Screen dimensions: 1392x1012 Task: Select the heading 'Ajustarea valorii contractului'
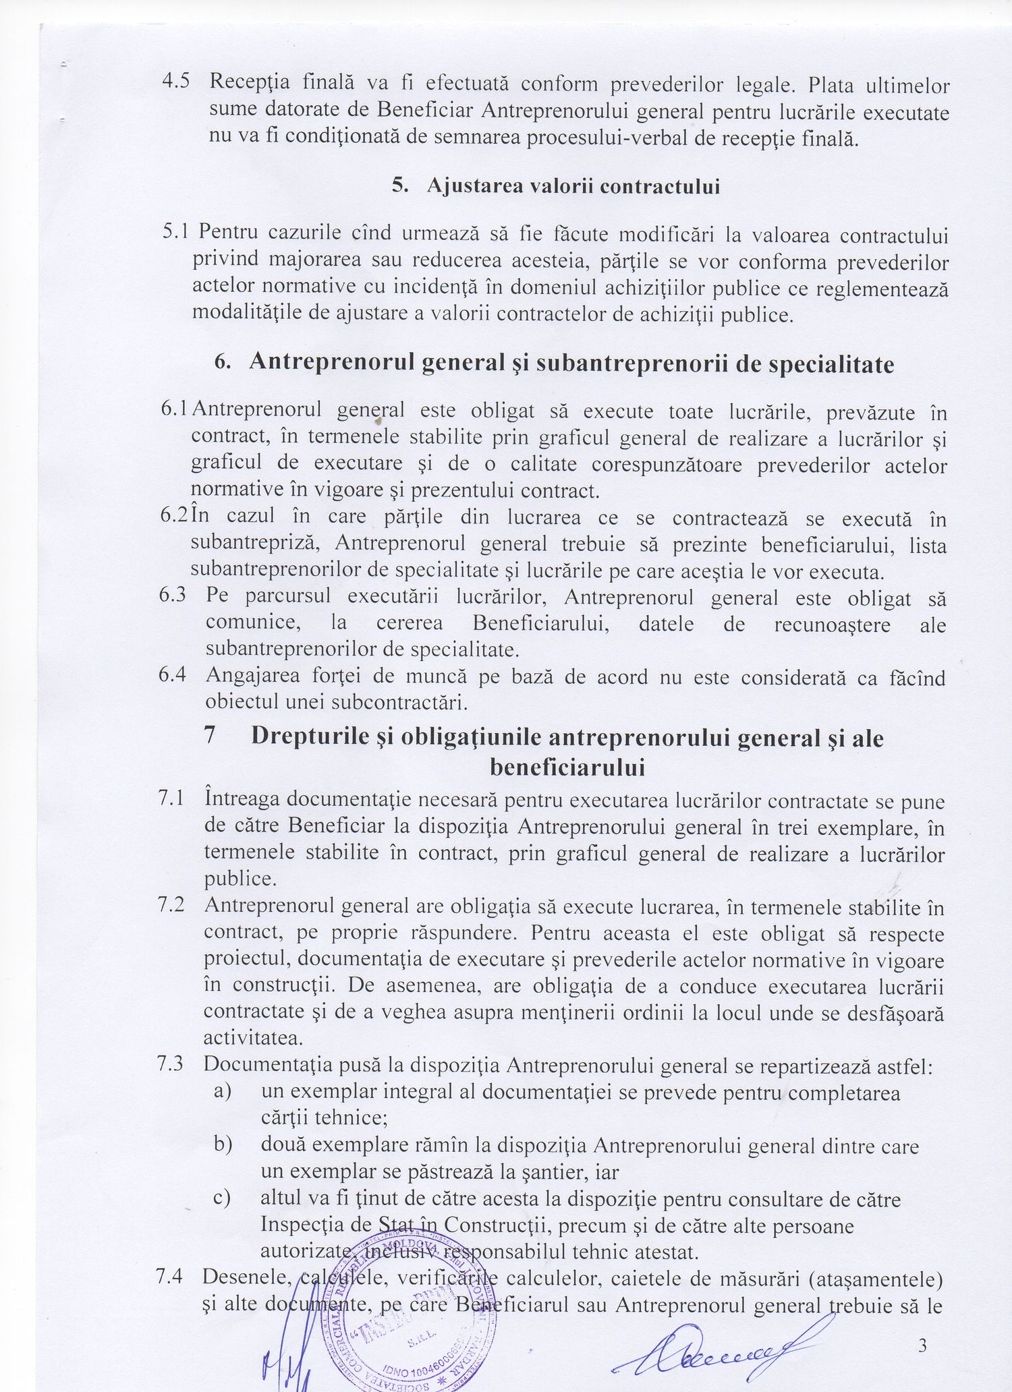573,187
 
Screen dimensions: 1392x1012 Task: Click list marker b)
223,1145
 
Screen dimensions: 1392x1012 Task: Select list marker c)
223,1198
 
